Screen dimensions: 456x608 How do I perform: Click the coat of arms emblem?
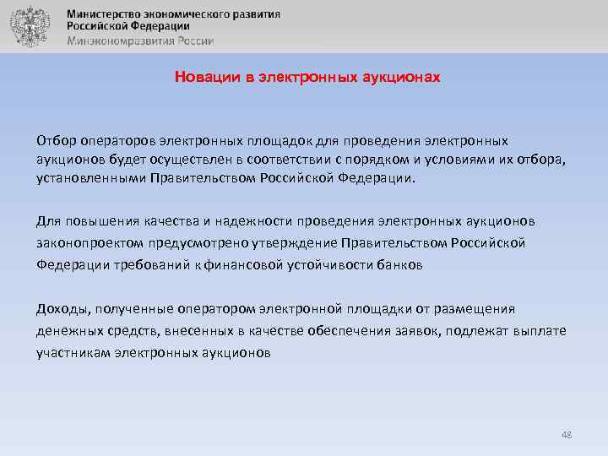tap(29, 25)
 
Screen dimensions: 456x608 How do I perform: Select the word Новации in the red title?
tap(203, 77)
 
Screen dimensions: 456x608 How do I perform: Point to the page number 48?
tap(566, 435)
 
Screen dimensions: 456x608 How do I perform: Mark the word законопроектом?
tap(89, 243)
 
